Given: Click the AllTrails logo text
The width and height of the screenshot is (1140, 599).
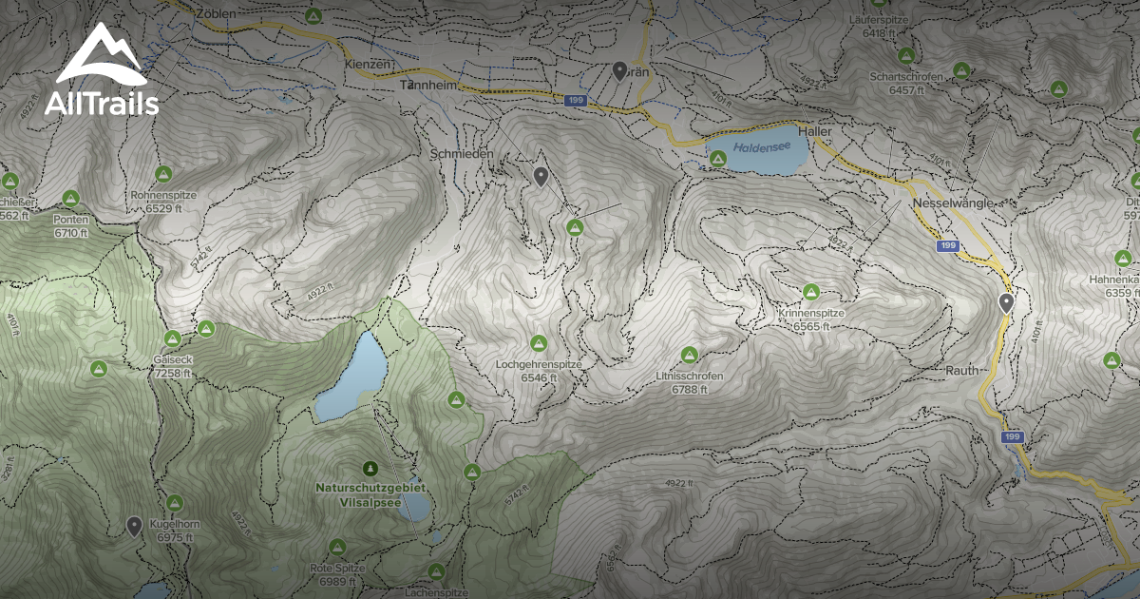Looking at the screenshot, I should click(101, 104).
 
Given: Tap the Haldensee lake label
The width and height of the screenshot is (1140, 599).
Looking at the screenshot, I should click(756, 148).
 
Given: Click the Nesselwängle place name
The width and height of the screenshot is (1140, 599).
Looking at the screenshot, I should click(952, 203).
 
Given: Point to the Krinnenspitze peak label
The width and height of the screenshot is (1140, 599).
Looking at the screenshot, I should click(810, 313).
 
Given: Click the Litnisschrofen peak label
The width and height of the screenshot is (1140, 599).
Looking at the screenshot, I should click(689, 376).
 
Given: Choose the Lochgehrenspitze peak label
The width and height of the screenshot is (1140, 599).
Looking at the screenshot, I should click(538, 364).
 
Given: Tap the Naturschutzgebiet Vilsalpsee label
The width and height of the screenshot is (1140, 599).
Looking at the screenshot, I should click(370, 493).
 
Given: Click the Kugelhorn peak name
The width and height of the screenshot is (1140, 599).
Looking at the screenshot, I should click(175, 525).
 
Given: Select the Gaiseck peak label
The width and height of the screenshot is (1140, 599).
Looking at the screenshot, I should click(172, 360).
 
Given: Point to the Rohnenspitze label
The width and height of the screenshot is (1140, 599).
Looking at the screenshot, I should click(164, 195).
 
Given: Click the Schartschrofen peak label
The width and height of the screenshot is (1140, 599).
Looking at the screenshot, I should click(905, 76).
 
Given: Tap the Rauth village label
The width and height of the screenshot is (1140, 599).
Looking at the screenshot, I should click(961, 370).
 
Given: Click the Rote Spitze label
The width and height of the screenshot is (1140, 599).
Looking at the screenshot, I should click(337, 569).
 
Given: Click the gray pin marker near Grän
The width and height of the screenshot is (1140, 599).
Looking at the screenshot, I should click(619, 69).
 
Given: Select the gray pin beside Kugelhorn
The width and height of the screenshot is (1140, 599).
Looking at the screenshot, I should click(134, 525).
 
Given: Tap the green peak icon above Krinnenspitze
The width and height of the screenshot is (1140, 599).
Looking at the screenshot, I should click(810, 292).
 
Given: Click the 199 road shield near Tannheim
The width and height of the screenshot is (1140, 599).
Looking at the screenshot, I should click(574, 99).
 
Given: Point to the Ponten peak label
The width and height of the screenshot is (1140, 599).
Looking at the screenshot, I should click(71, 220).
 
